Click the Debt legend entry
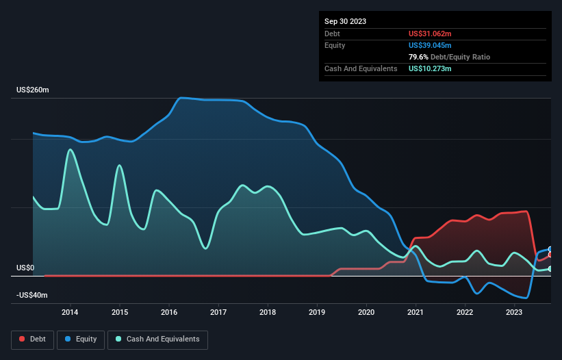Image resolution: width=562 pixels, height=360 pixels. (33, 339)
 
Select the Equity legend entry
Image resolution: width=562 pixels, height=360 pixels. (81, 339)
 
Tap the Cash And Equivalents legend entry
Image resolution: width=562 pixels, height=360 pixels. (157, 339)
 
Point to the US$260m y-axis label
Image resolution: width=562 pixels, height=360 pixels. (33, 90)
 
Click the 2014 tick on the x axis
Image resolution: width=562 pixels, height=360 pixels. (70, 313)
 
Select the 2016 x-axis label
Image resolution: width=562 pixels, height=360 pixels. (169, 313)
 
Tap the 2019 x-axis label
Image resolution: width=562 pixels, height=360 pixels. (317, 313)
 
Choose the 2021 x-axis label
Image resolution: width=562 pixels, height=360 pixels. (416, 313)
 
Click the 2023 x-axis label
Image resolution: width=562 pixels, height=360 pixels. (514, 313)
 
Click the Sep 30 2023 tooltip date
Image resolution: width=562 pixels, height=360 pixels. (345, 21)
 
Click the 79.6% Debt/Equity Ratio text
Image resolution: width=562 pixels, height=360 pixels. (449, 57)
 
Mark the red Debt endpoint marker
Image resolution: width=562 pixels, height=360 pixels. (550, 255)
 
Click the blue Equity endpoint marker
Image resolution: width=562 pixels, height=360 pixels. (550, 249)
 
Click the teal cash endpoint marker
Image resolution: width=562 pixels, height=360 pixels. (550, 269)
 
